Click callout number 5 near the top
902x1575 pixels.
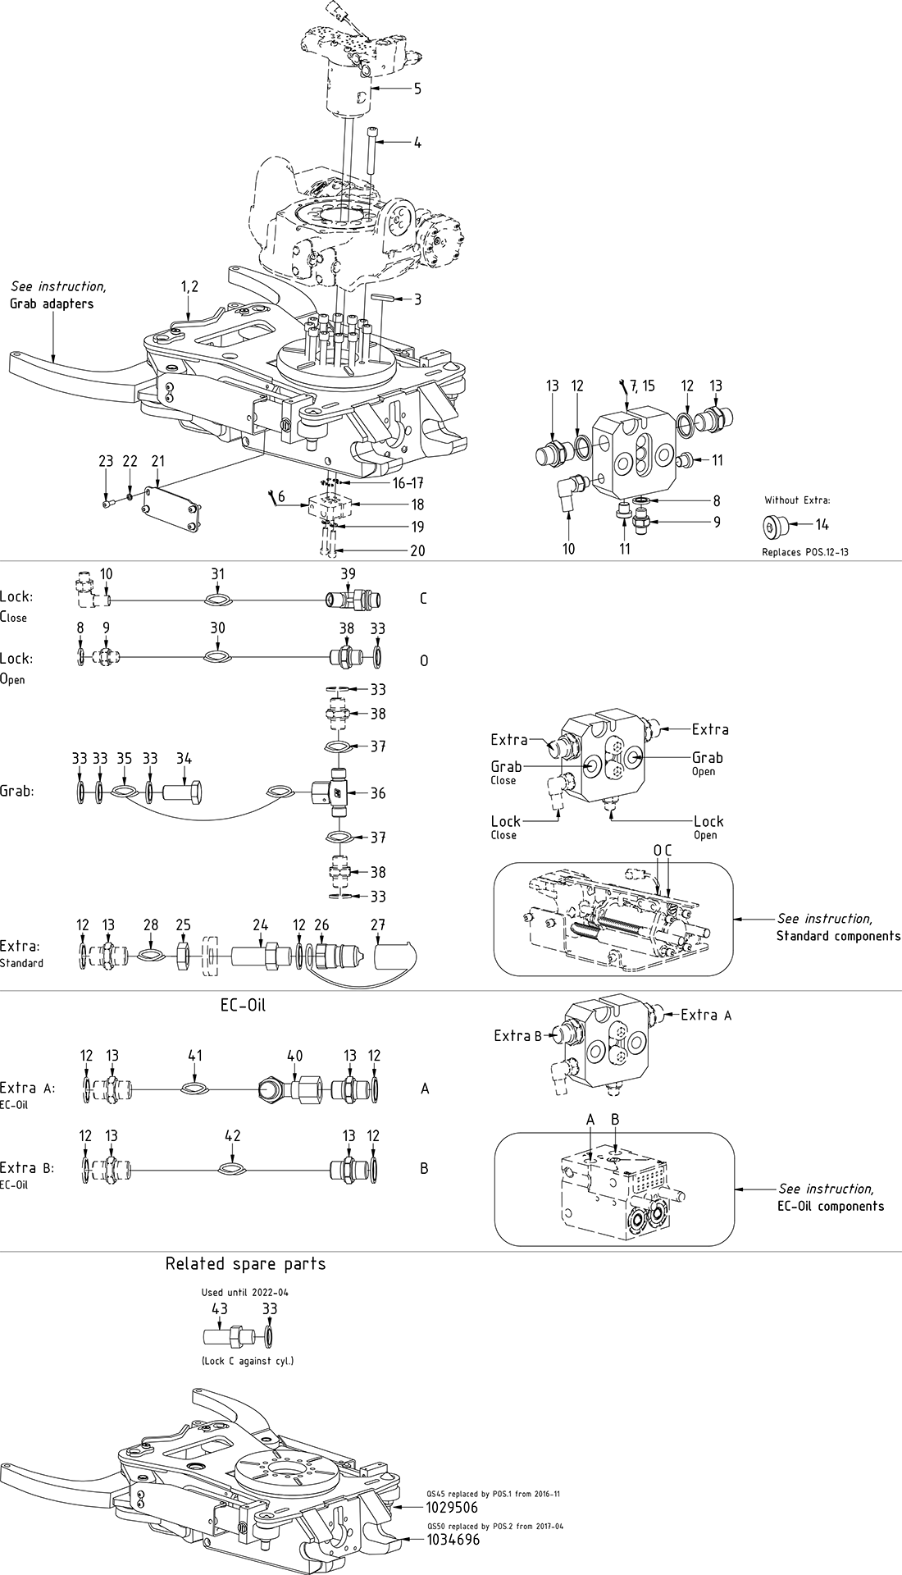[x=417, y=89]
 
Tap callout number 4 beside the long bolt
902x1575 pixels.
[x=417, y=143]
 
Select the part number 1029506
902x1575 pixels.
[x=452, y=1508]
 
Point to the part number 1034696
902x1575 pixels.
[x=452, y=1541]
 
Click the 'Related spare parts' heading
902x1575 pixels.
[x=245, y=1264]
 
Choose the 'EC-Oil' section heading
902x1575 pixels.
[x=243, y=1006]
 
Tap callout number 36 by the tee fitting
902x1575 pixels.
[x=377, y=793]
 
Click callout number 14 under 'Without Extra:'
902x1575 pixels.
[x=822, y=525]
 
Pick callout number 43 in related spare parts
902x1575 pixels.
[x=220, y=1309]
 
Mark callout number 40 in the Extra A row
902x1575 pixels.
[x=294, y=1055]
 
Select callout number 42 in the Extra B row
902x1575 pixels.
[x=232, y=1136]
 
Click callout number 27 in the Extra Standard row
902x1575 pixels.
[x=377, y=925]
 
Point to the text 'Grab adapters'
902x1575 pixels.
[x=52, y=304]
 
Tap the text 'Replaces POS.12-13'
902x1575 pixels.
[x=805, y=552]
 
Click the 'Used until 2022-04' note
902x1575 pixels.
[x=245, y=1293]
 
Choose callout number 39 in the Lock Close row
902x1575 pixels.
[x=348, y=574]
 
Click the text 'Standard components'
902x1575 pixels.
[x=838, y=936]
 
